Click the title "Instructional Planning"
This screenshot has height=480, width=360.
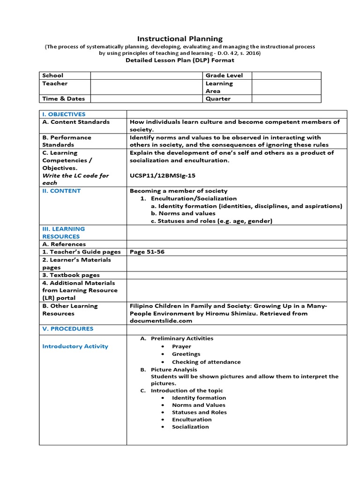pyautogui.click(x=180, y=38)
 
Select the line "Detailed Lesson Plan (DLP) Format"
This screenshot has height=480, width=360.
pyautogui.click(x=180, y=60)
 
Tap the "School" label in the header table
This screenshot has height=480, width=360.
pyautogui.click(x=52, y=75)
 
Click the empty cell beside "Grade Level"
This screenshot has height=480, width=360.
pyautogui.click(x=286, y=75)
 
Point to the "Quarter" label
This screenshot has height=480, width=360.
pyautogui.click(x=218, y=99)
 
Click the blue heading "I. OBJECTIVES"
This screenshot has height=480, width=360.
pyautogui.click(x=64, y=114)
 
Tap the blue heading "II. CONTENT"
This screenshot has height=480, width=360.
pyautogui.click(x=61, y=191)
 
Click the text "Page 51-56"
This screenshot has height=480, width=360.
pyautogui.click(x=147, y=252)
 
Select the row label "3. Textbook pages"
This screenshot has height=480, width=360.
pyautogui.click(x=71, y=275)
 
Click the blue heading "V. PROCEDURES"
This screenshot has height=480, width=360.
pyautogui.click(x=67, y=329)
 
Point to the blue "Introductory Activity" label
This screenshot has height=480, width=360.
pyautogui.click(x=75, y=346)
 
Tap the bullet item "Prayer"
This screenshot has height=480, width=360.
pyautogui.click(x=181, y=346)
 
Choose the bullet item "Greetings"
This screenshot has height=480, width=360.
pyautogui.click(x=186, y=354)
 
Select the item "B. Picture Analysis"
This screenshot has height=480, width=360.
pyautogui.click(x=167, y=369)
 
